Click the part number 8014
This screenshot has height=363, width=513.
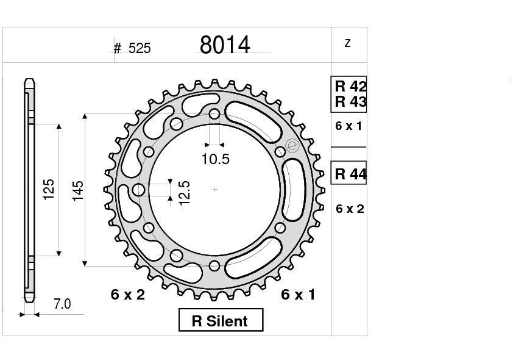click(x=225, y=45)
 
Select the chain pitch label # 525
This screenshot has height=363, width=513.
click(x=132, y=48)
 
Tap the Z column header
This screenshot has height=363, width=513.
click(x=348, y=43)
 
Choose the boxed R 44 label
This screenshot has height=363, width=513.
click(x=350, y=174)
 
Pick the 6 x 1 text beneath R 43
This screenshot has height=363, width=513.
click(x=349, y=126)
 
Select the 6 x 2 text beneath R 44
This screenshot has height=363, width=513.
click(x=350, y=209)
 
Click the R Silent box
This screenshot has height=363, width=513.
click(x=221, y=321)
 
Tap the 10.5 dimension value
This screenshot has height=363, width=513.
click(x=215, y=159)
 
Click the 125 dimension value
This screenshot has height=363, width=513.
click(x=49, y=189)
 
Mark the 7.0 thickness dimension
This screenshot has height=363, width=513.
click(x=62, y=304)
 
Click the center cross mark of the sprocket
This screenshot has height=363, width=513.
click(x=215, y=190)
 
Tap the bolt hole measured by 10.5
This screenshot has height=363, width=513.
click(x=214, y=114)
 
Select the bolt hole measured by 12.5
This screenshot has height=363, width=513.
click(x=139, y=190)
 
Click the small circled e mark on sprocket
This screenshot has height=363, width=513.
click(x=291, y=145)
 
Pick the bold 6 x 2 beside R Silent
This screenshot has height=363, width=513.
click(x=128, y=295)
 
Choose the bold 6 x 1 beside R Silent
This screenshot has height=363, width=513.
click(x=298, y=295)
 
